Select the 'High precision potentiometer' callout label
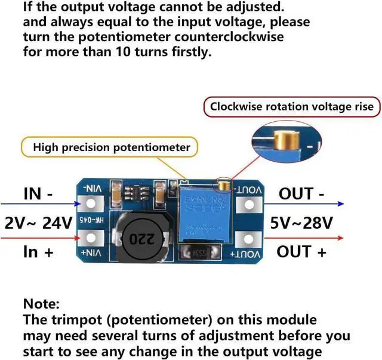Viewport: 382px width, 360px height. coord(111,147)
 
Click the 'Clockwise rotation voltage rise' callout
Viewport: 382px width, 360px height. coord(292,107)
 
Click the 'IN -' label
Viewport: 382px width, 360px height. coord(38,194)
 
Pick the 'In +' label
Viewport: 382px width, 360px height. coord(38,251)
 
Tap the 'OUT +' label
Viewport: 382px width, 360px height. coord(301,251)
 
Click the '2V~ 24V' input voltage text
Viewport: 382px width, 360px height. coord(38,223)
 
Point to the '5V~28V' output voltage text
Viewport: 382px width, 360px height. coord(301,223)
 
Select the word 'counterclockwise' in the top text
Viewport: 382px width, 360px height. coord(233,36)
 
